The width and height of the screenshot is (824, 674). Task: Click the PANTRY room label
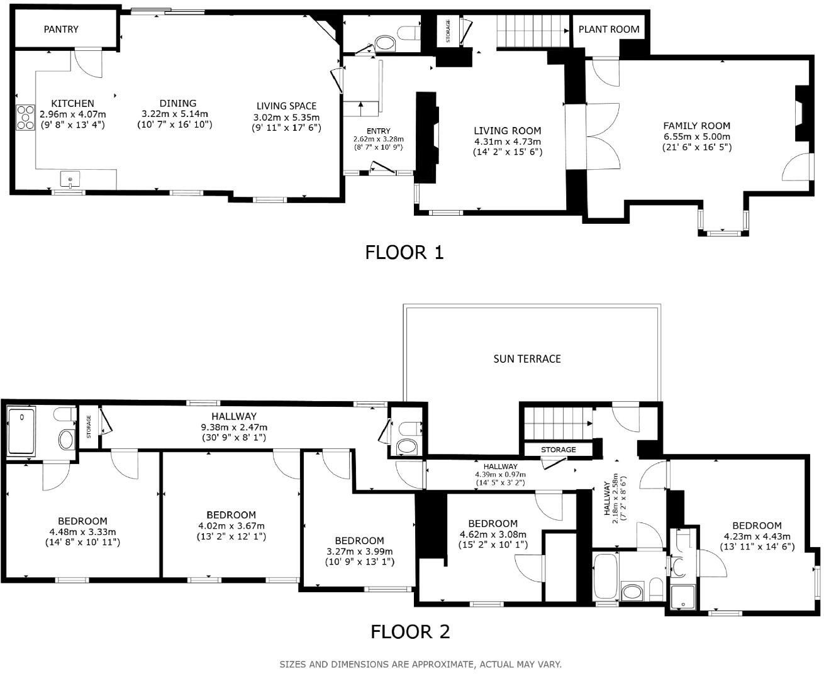pyautogui.click(x=61, y=29)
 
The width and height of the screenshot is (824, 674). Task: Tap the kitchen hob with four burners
pyautogui.click(x=26, y=118)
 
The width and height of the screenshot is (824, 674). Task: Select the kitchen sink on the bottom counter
pyautogui.click(x=70, y=179)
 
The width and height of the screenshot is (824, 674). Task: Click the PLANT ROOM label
pyautogui.click(x=608, y=29)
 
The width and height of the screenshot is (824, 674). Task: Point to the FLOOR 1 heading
pyautogui.click(x=404, y=252)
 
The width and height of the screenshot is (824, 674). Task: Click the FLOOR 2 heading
pyautogui.click(x=410, y=631)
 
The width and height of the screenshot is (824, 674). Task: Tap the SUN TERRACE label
pyautogui.click(x=526, y=358)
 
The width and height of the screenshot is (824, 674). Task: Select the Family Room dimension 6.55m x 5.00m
pyautogui.click(x=696, y=136)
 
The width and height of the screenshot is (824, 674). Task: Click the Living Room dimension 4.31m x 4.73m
pyautogui.click(x=507, y=141)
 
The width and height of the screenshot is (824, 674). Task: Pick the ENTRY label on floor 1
pyautogui.click(x=379, y=131)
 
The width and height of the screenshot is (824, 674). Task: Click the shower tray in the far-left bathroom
pyautogui.click(x=23, y=431)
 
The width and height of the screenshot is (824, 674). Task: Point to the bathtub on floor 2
pyautogui.click(x=606, y=576)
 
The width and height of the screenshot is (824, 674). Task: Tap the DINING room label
pyautogui.click(x=177, y=103)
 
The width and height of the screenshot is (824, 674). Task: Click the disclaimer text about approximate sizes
pyautogui.click(x=420, y=664)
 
